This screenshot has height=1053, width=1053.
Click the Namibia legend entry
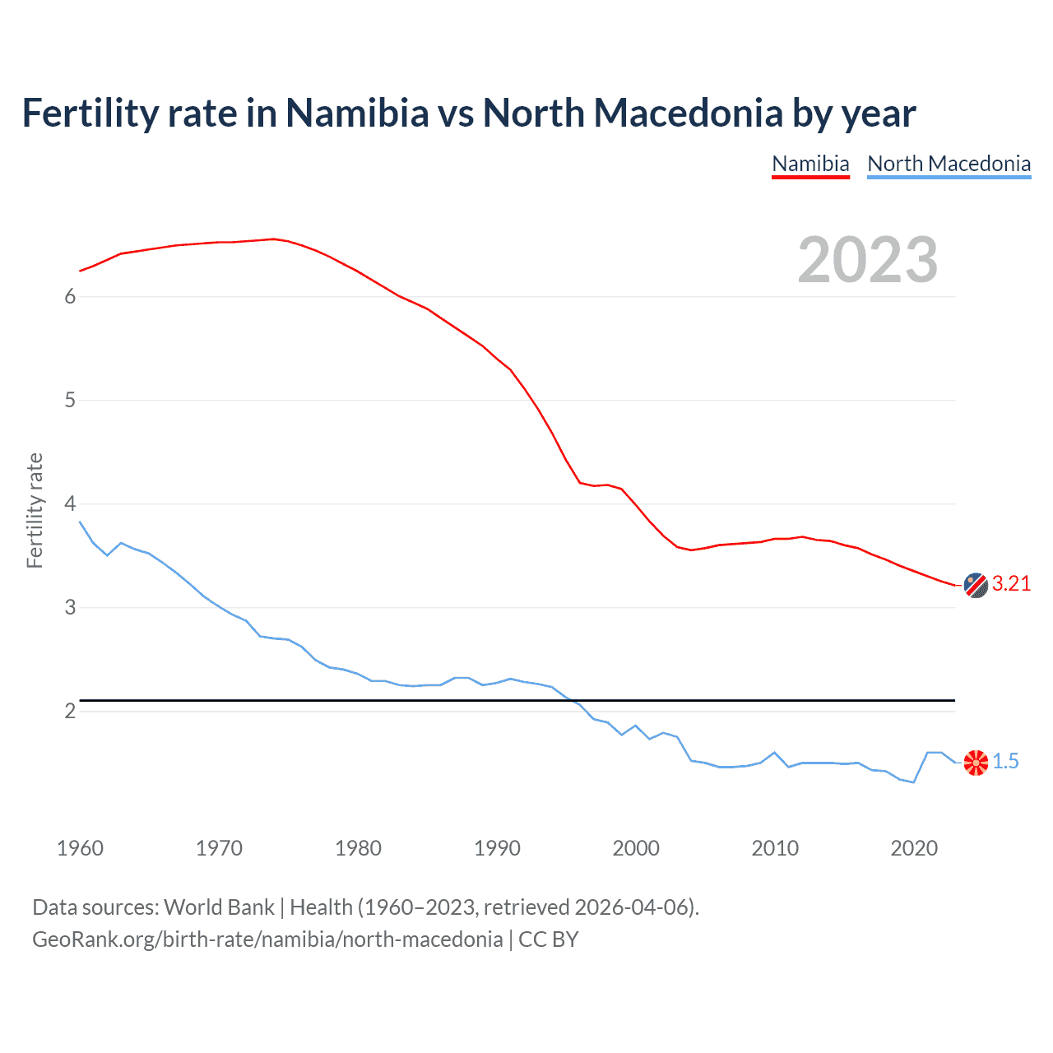[x=810, y=164]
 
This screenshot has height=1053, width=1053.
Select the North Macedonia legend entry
[x=949, y=164]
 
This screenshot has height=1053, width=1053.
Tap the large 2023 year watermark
[x=867, y=260]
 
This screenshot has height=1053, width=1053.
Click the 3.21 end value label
[x=1011, y=584]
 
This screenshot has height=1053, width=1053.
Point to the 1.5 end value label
[x=1005, y=762]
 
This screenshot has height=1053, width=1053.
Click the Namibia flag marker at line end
[x=976, y=585]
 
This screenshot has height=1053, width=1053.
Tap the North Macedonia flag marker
[x=976, y=763]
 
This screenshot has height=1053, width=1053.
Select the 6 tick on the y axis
[x=70, y=297]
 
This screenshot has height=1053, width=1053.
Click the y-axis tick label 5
[x=70, y=401]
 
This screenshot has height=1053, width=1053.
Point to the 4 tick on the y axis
[x=70, y=504]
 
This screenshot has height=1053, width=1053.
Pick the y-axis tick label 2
[x=70, y=712]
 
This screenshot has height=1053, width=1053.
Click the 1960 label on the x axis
[x=80, y=848]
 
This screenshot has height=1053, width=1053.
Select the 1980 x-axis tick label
[x=358, y=848]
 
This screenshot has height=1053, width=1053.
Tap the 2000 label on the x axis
[x=636, y=848]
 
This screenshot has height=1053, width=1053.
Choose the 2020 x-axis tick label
[x=914, y=848]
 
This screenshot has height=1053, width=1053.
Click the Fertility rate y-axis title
[x=35, y=510]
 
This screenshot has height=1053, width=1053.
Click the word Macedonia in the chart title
[x=688, y=114]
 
